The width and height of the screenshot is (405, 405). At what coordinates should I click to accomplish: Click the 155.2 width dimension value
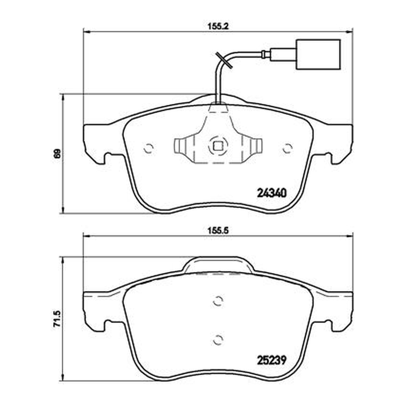point(218,26)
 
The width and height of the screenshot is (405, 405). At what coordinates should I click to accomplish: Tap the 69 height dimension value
point(57,153)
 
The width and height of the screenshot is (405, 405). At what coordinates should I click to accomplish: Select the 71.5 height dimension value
point(57,319)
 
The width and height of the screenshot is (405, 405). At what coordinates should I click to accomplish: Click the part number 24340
point(272,193)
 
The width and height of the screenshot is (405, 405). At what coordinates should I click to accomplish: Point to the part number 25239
point(272,360)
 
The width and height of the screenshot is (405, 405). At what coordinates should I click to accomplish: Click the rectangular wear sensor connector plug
point(318,55)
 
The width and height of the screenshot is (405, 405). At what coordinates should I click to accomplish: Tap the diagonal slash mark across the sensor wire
point(224,60)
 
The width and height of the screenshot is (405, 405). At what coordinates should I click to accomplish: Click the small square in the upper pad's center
point(218,146)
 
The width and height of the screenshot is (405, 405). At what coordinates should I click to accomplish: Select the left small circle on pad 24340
point(148,148)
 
